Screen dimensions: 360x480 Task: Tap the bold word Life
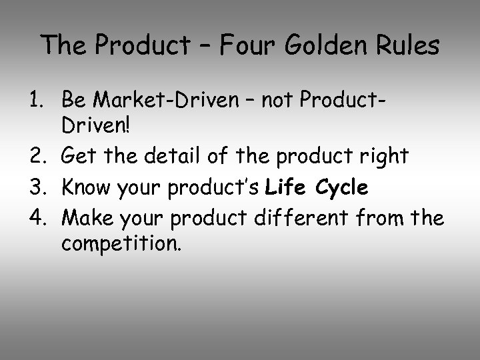[x=285, y=189]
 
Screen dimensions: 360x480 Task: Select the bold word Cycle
[x=343, y=189]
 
